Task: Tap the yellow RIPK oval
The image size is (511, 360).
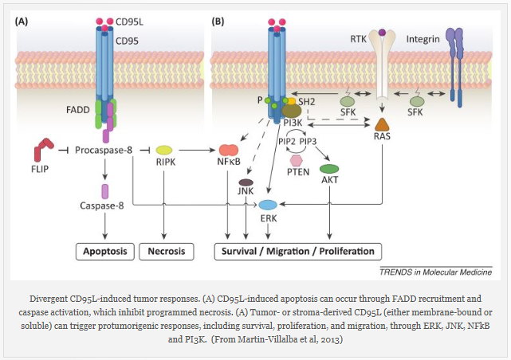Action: (x=165, y=149)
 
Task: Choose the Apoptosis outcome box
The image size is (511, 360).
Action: (x=104, y=252)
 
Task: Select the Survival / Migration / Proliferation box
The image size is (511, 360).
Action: (x=295, y=252)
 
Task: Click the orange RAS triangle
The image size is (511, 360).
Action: (x=383, y=124)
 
